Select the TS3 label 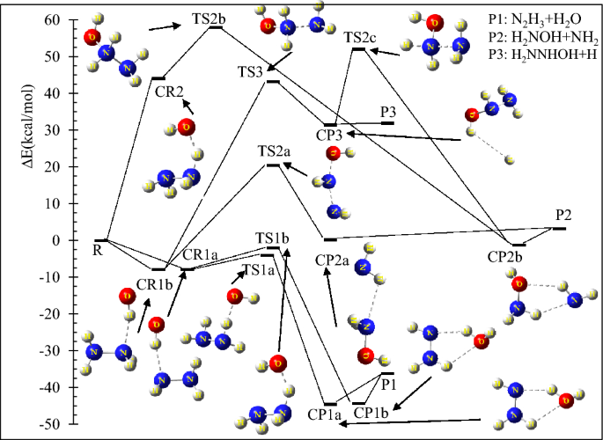[x=251, y=70]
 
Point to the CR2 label [x=169, y=90]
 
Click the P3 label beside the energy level [x=388, y=112]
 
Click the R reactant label [x=97, y=250]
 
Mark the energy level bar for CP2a [x=330, y=238]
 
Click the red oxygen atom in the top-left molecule [x=91, y=36]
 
